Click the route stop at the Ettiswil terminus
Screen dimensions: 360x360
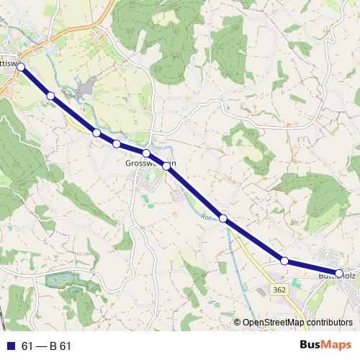21,67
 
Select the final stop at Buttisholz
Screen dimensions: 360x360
339,273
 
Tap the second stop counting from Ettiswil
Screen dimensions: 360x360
50,96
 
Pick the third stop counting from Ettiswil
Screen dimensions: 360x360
96,132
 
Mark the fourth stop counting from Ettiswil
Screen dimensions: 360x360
117,144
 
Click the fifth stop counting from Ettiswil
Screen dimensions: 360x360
146,153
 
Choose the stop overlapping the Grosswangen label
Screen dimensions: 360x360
166,166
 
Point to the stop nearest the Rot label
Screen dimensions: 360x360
223,218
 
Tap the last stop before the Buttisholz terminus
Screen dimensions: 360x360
284,261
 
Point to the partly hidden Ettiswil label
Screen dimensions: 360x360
7,63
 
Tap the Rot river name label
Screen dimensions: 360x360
207,217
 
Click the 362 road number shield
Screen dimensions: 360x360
279,289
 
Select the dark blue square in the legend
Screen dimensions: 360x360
10,346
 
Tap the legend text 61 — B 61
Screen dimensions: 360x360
47,346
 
